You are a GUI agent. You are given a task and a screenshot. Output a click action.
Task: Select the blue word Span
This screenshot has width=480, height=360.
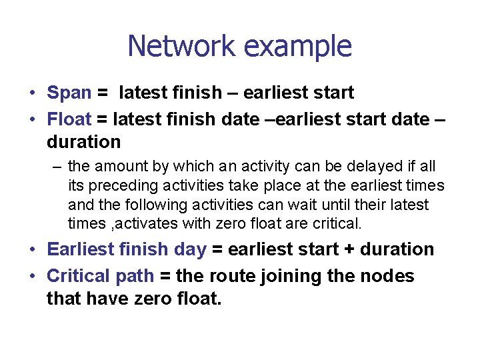pyautogui.click(x=69, y=93)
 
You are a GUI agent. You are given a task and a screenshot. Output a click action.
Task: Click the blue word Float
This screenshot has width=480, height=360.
pyautogui.click(x=69, y=119)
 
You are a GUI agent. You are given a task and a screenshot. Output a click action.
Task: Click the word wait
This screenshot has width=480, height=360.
pyautogui.click(x=313, y=205)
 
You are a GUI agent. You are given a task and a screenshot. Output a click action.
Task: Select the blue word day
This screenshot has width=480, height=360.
pyautogui.click(x=189, y=249)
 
